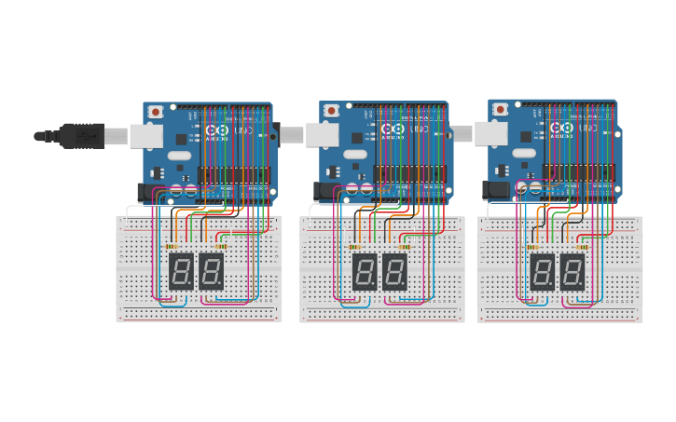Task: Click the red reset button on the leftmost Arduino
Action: tap(155, 112)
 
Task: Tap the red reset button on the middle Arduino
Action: tap(331, 111)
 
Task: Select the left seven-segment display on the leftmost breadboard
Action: tap(181, 271)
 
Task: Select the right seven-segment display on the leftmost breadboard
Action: tap(212, 271)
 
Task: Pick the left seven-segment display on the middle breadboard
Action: tap(365, 271)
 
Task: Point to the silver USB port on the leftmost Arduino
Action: tap(145, 136)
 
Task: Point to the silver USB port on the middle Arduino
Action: tap(322, 136)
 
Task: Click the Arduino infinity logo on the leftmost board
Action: tap(214, 130)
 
